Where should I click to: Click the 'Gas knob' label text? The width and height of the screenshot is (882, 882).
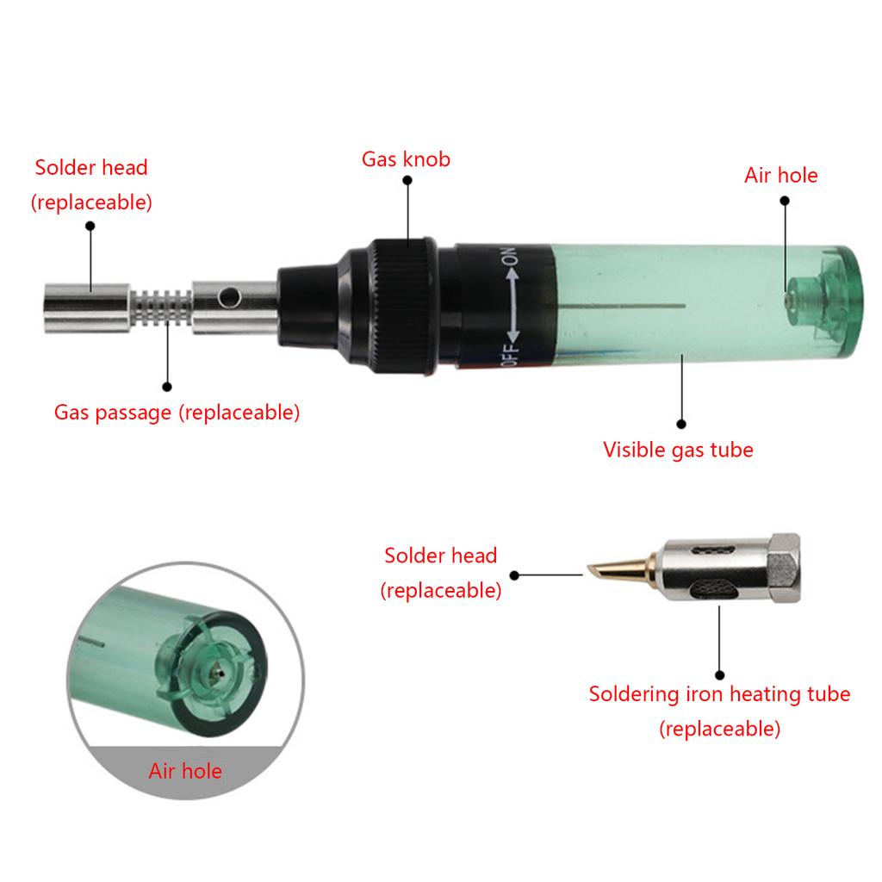[x=406, y=159]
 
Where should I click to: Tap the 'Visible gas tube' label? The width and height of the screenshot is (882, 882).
[x=678, y=450]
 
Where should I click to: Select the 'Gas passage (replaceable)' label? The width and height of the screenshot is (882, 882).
[x=177, y=413]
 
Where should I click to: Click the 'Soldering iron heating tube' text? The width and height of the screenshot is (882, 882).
[x=719, y=694]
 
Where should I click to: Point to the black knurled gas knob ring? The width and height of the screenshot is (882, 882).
[x=403, y=307]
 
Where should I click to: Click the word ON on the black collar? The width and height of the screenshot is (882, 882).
[x=509, y=256]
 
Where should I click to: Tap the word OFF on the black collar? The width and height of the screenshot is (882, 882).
[x=509, y=354]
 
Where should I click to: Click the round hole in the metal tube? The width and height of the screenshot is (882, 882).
[x=229, y=296]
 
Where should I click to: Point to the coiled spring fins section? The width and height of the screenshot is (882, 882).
[x=161, y=307]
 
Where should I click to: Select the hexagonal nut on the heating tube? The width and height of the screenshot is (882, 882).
[x=786, y=568]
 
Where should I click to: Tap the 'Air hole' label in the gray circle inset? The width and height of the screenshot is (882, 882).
[x=185, y=771]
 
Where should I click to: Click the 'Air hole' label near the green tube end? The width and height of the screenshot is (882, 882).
[x=780, y=176]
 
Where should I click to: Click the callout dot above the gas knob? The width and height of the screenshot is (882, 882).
[x=407, y=180]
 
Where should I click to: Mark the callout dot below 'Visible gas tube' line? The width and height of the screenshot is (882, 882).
[x=681, y=424]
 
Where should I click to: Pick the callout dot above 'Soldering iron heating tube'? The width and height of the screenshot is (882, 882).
[x=719, y=675]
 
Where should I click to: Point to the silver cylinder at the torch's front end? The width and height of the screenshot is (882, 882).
[x=87, y=308]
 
